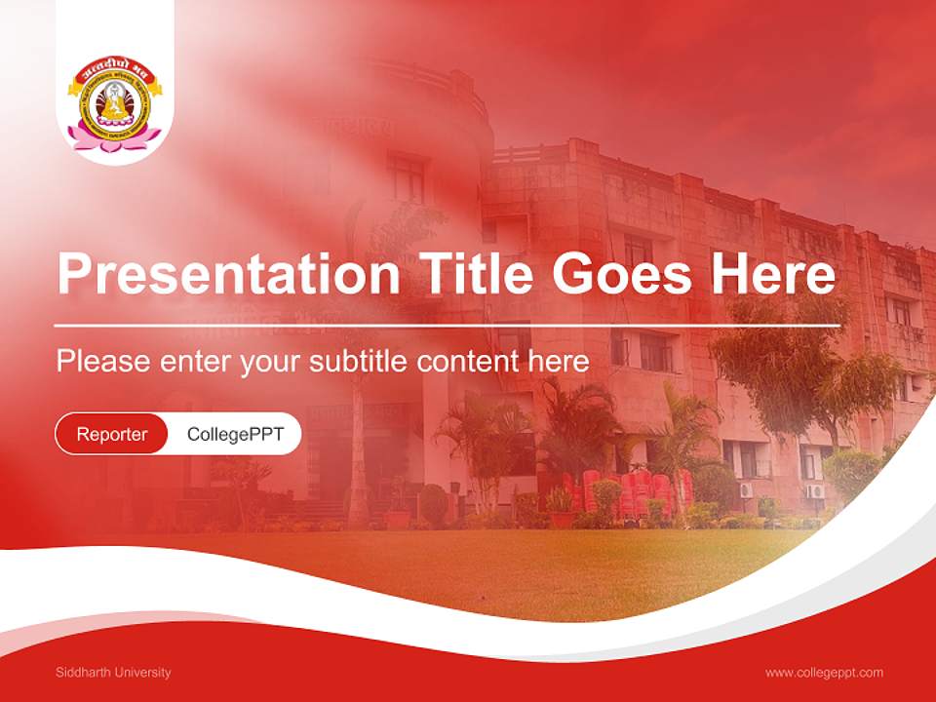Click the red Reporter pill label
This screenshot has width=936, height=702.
point(112,434)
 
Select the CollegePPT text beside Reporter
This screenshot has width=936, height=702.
point(235,434)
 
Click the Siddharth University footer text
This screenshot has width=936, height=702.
point(113,673)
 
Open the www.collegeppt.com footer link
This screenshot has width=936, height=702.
point(824,673)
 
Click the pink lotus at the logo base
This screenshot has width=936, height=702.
point(115,139)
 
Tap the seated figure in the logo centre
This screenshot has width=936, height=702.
point(115,103)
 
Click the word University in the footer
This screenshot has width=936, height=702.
point(142,673)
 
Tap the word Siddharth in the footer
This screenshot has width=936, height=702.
point(83,673)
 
